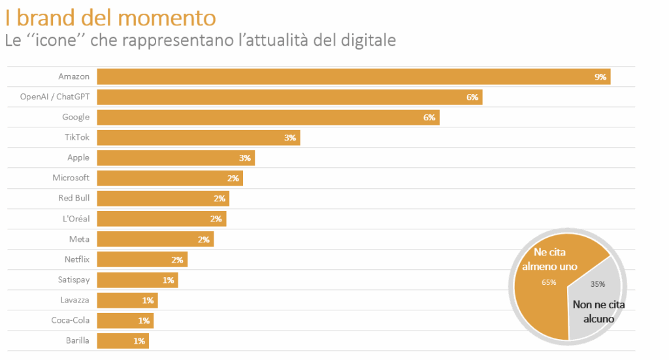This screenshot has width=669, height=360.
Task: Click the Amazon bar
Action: [353, 76]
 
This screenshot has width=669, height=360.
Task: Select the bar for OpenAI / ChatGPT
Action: [289, 97]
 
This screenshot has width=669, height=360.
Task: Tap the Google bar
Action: [268, 117]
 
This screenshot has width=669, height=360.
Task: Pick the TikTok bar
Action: [198, 137]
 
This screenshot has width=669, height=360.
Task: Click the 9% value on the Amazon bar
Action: [600, 77]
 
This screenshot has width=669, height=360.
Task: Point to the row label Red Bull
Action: [74, 198]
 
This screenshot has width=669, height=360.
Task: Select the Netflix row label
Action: [77, 259]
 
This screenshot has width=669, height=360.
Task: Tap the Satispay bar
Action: [137, 280]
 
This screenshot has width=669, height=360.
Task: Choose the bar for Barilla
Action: [123, 340]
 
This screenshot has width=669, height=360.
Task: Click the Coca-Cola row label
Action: [71, 320]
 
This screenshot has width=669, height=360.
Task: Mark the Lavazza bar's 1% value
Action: [147, 301]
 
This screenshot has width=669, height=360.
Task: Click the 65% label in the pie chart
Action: [549, 282]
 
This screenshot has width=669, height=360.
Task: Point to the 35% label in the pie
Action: [597, 284]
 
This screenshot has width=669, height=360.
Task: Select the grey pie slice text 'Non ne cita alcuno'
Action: [598, 311]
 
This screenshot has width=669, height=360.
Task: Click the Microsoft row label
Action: [71, 178]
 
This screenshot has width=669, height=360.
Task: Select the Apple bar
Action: [175, 157]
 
